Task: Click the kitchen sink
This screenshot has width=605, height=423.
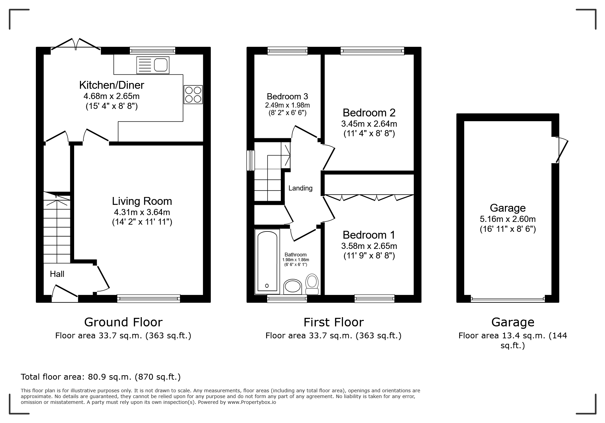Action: (153, 65)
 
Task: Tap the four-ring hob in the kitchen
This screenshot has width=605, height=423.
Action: (193, 95)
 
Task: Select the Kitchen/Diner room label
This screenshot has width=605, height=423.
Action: (112, 85)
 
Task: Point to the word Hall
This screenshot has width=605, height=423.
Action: (57, 274)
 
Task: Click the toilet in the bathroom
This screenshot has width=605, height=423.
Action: (312, 284)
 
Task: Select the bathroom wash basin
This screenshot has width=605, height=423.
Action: (292, 286)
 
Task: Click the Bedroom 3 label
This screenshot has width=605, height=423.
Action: (287, 96)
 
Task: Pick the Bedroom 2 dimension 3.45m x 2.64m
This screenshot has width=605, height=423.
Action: (369, 124)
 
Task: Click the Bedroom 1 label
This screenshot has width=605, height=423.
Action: (369, 235)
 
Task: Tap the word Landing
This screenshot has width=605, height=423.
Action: (300, 188)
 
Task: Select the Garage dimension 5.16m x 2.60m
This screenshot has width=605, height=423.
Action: (508, 219)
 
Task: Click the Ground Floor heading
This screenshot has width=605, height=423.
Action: (123, 322)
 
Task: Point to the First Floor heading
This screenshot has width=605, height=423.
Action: (334, 322)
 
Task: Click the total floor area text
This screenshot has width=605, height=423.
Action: (101, 377)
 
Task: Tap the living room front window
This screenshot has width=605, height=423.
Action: (149, 299)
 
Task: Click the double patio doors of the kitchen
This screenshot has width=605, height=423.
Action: (76, 46)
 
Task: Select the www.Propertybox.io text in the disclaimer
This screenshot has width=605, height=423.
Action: (252, 402)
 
